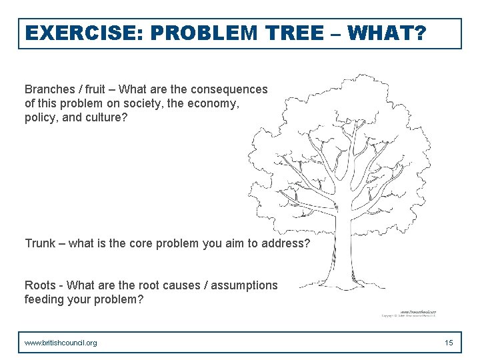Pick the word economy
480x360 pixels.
(215, 104)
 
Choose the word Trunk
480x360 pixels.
(40, 243)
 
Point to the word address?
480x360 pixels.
(287, 243)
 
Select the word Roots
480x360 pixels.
(40, 285)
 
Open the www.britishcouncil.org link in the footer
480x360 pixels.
(61, 343)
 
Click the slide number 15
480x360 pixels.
(449, 343)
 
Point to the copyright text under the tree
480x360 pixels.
(412, 315)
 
